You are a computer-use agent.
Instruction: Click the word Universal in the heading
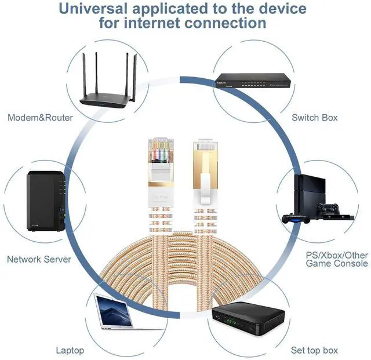93,9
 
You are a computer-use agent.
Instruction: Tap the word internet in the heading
152,23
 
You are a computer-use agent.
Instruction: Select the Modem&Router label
40,118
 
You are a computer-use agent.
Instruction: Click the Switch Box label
314,118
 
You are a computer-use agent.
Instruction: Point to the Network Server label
39,259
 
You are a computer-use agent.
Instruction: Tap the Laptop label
70,350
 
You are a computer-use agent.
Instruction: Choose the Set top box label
314,350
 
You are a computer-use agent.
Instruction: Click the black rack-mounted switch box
253,80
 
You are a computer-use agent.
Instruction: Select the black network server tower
46,201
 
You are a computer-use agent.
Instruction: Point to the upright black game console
310,195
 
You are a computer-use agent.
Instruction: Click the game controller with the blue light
295,219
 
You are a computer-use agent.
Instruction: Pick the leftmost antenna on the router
85,76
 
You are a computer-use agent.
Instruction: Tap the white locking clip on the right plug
205,188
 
